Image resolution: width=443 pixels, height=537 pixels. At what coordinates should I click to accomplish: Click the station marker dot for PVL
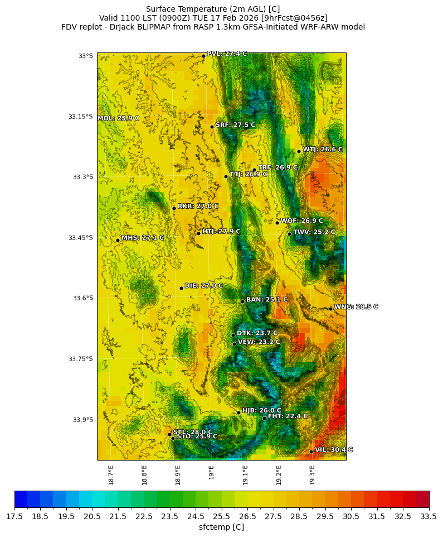pyautogui.click(x=203, y=56)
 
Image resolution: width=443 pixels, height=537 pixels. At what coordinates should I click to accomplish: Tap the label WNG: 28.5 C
pyautogui.click(x=356, y=307)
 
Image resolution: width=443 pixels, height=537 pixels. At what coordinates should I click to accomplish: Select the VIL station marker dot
pyautogui.click(x=311, y=452)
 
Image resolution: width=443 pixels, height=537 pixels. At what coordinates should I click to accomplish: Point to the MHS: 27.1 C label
pyautogui.click(x=143, y=238)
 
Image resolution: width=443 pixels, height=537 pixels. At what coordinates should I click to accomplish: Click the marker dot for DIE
pyautogui.click(x=181, y=288)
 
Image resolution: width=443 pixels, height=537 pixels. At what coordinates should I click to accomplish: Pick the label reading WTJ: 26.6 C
pyautogui.click(x=323, y=149)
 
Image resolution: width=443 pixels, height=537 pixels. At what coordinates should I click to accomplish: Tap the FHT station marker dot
pyautogui.click(x=264, y=418)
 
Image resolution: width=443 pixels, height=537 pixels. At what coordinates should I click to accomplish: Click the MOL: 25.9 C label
pyautogui.click(x=118, y=118)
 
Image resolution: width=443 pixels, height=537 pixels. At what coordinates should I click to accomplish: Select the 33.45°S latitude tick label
pyautogui.click(x=80, y=238)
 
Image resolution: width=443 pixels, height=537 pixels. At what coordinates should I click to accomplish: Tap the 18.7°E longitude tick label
pyautogui.click(x=111, y=474)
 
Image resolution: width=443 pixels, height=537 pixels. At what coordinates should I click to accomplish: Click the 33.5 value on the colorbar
pyautogui.click(x=429, y=517)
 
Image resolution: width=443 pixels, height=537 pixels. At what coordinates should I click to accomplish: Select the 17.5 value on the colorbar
pyautogui.click(x=14, y=517)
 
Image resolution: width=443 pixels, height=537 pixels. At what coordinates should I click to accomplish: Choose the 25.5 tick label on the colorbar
pyautogui.click(x=222, y=517)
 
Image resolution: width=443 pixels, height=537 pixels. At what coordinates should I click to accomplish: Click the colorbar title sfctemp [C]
pyautogui.click(x=221, y=527)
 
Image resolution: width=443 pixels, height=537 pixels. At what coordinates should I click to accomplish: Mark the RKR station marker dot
pyautogui.click(x=174, y=208)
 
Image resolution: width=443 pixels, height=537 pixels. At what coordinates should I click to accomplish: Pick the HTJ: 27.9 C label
pyautogui.click(x=221, y=231)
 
